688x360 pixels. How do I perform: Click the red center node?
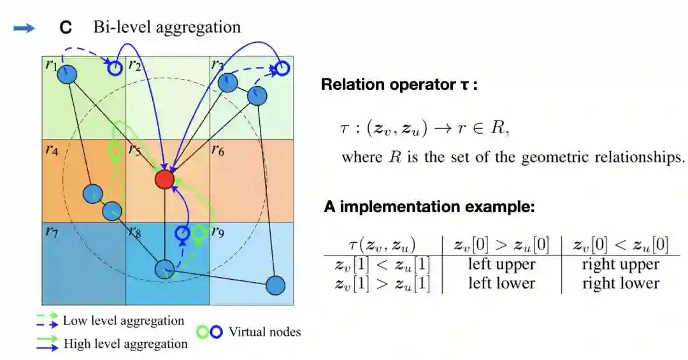[x=165, y=180]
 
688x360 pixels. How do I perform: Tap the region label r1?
[x=51, y=64]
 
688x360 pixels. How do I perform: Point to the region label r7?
[x=52, y=231]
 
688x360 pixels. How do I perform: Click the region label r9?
[x=219, y=231]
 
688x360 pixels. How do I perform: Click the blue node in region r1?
[x=67, y=75]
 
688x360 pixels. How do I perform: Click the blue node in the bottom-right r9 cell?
[x=275, y=285]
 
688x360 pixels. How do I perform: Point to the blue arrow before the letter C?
[x=24, y=28]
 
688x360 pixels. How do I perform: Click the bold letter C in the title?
[x=65, y=28]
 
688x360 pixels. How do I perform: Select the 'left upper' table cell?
[x=501, y=264]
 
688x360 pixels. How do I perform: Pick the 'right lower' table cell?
[x=620, y=284]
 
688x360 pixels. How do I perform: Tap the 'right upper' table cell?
[x=620, y=264]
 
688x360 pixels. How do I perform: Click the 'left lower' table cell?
[x=501, y=284]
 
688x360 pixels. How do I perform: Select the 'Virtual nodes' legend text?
[x=264, y=331]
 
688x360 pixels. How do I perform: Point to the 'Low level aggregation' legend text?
[x=123, y=320]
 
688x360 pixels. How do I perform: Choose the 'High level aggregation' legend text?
[x=125, y=344]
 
